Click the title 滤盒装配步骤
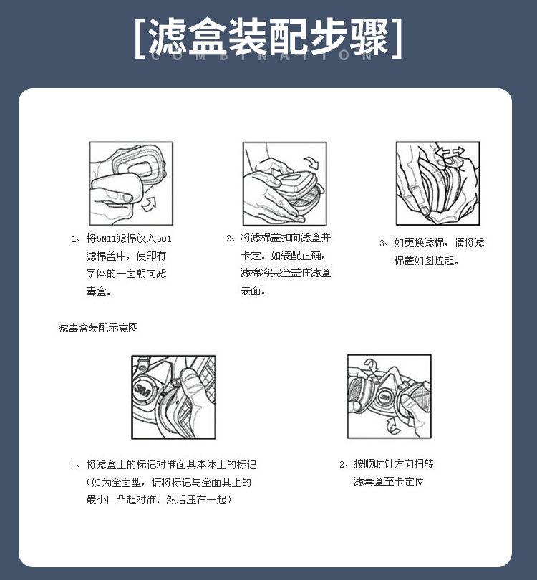268,37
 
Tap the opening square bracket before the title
140,39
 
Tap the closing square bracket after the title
397,39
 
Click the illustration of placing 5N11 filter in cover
131,183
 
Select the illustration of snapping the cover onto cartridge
284,183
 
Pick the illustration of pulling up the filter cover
438,183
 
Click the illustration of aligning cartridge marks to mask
173,397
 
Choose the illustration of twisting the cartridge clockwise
389,396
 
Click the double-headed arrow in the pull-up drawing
450,152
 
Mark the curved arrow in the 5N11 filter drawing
150,204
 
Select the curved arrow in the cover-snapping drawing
311,163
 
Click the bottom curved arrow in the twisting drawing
393,426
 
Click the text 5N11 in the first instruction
106,238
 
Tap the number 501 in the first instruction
164,238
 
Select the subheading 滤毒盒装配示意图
98,328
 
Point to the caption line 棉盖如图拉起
427,261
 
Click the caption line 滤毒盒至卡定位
389,481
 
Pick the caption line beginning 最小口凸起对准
159,499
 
